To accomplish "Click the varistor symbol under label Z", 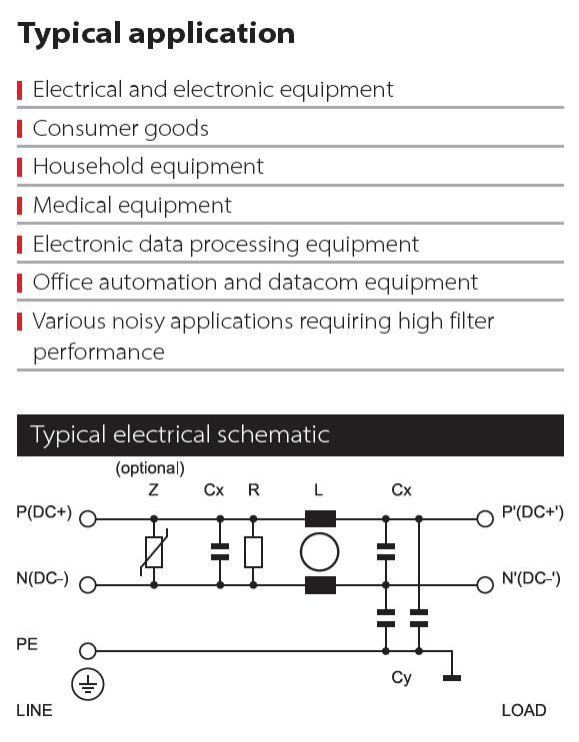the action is coord(154,552).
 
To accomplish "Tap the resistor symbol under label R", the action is coord(253,552).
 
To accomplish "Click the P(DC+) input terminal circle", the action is coord(88,519).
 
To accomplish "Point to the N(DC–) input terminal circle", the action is coord(88,585).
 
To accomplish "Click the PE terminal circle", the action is coord(88,651).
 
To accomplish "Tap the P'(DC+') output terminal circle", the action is coord(485,519).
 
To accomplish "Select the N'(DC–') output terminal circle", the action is coord(485,585).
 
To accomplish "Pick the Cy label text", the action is coord(401,678).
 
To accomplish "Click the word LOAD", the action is coord(524,710).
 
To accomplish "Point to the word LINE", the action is coord(34,710).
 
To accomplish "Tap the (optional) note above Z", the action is coord(150,468).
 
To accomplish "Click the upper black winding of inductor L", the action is coord(320,519).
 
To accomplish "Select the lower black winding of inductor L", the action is coord(320,585).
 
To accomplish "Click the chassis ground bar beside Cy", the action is coord(452,678).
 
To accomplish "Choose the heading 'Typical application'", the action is coord(156,34).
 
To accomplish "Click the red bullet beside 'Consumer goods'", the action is coord(19,129).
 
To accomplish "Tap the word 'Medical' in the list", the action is coord(72,206).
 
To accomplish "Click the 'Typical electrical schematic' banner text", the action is coord(180,434).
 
